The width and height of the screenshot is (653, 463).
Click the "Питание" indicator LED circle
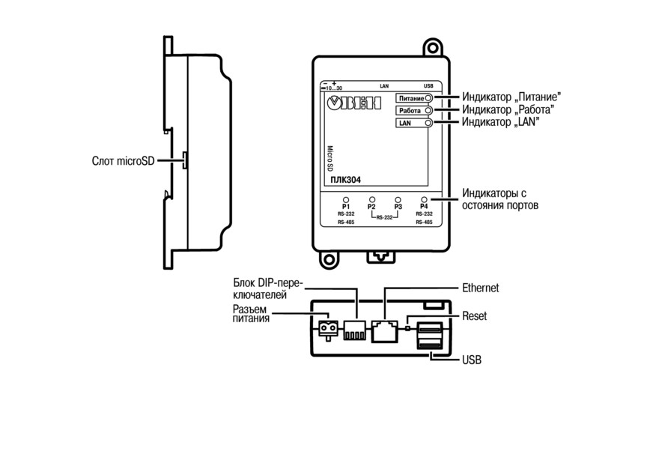(428, 98)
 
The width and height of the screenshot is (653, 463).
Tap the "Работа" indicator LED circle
(428, 111)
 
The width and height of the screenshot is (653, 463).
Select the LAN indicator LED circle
(428, 123)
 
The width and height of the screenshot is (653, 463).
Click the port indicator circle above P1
(346, 200)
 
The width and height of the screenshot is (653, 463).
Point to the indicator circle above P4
(424, 200)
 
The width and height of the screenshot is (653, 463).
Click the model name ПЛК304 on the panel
(346, 180)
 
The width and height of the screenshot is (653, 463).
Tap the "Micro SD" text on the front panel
(329, 158)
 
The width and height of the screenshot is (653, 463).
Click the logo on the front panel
(354, 103)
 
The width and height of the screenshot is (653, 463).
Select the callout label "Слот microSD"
(123, 161)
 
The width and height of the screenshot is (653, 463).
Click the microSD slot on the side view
(185, 160)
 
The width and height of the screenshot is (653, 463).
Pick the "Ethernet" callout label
(480, 288)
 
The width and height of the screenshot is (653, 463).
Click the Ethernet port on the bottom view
(384, 331)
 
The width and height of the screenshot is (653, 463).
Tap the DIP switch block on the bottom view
(354, 330)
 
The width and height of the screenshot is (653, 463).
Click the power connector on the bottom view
(328, 329)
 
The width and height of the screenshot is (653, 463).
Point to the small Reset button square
(407, 328)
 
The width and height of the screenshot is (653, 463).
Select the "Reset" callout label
(474, 316)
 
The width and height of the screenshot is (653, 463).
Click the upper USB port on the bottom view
(429, 328)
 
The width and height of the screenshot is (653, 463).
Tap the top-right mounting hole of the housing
(433, 48)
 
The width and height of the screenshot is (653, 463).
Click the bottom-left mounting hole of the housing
(329, 260)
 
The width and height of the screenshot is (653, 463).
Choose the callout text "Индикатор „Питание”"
(511, 97)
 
